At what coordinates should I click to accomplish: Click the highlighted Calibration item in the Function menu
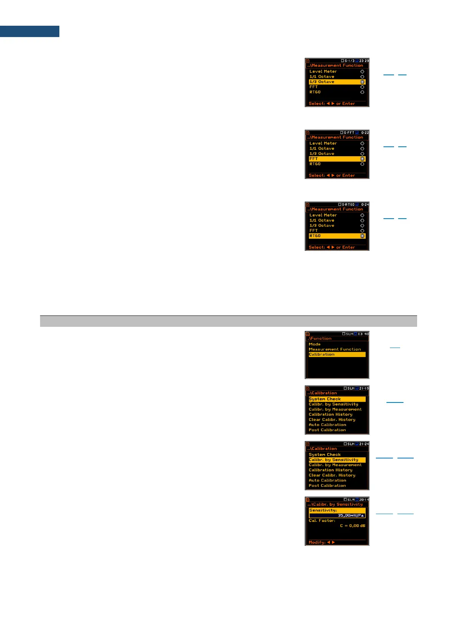[x=337, y=354]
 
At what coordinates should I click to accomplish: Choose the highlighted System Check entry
[x=337, y=399]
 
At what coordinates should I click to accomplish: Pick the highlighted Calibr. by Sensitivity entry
[x=337, y=460]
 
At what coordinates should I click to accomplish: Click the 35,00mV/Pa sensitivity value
[x=351, y=515]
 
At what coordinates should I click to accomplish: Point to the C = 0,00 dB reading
[x=352, y=526]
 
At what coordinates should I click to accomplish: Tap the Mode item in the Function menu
[x=315, y=344]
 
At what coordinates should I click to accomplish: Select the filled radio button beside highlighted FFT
[x=362, y=159]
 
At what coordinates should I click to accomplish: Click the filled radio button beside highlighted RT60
[x=362, y=236]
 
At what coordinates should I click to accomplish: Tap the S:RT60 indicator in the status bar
[x=348, y=205]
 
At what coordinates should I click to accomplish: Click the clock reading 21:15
[x=364, y=388]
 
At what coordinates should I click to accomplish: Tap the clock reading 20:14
[x=364, y=500]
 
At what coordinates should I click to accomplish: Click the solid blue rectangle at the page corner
[x=29, y=31]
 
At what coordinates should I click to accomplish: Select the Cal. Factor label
[x=322, y=520]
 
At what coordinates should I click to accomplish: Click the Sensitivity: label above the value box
[x=323, y=510]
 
